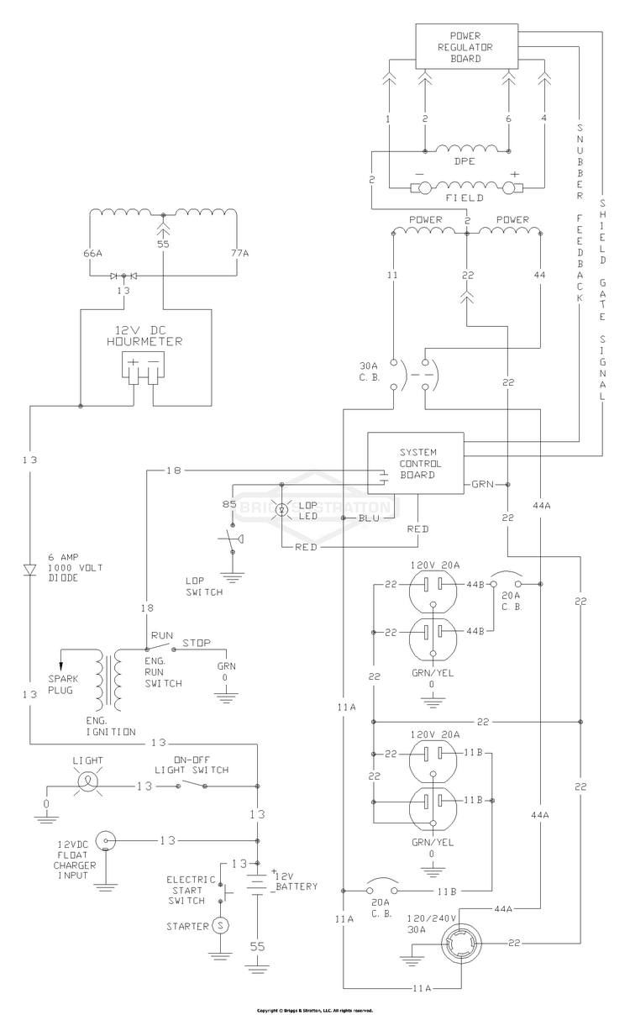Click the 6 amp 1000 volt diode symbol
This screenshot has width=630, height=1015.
[x=30, y=570]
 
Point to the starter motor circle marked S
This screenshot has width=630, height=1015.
[x=221, y=925]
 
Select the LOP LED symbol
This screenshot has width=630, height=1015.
[x=282, y=510]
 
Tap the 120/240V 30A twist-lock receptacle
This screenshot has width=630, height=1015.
[x=461, y=944]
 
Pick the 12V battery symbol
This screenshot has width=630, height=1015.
[x=257, y=885]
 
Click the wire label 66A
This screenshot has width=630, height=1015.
[x=92, y=253]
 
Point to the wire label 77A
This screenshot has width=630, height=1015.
[x=239, y=253]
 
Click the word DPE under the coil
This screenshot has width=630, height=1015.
[x=465, y=161]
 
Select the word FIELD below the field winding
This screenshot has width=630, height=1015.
[x=465, y=198]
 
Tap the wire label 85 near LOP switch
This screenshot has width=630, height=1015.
[x=229, y=504]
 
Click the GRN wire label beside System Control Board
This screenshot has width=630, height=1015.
[x=482, y=484]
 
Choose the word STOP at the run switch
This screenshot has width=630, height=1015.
[x=197, y=643]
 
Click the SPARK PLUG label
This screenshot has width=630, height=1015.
[x=63, y=684]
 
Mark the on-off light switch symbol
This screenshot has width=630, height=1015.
[x=192, y=785]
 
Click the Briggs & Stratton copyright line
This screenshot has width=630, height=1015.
[x=315, y=1011]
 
